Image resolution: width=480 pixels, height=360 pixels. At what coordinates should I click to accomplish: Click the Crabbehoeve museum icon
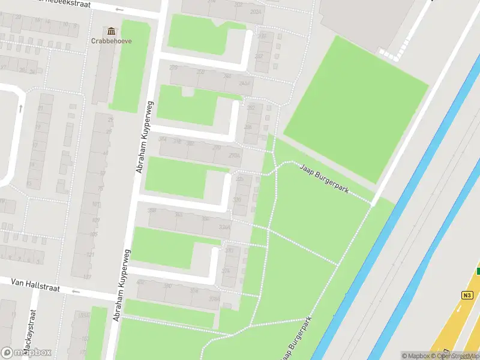tap(111, 31)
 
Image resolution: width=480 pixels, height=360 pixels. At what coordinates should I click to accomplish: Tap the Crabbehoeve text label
tap(112, 41)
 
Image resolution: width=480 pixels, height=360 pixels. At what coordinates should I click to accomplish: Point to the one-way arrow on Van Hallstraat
tap(76, 292)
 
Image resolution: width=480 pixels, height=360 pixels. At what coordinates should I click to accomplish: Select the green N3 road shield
tap(467, 295)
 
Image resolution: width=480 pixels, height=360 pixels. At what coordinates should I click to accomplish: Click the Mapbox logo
tap(26, 352)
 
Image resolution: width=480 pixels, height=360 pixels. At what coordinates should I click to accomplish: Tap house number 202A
tap(256, 11)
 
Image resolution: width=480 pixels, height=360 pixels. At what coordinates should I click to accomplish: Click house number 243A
tap(244, 83)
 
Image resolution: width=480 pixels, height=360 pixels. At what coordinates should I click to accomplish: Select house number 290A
tap(234, 155)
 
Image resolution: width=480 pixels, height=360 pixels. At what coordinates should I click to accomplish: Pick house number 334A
tap(224, 227)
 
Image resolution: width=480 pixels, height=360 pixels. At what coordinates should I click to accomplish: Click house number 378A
tap(214, 299)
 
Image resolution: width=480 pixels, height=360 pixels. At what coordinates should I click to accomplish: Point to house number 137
tap(87, 277)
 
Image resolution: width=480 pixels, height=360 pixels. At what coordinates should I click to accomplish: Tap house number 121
tap(91, 255)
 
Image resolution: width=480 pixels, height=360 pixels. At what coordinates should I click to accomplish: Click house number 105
tap(93, 233)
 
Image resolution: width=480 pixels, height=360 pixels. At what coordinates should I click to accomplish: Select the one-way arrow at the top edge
tap(121, 10)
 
